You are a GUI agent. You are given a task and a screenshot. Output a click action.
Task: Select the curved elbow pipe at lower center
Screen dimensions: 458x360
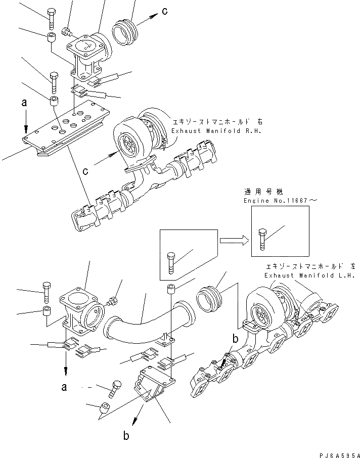coord(146,322)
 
